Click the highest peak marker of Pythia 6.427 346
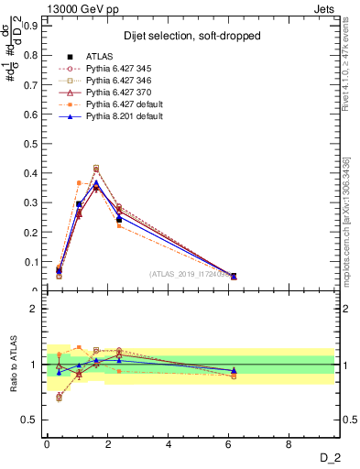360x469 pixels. pos(96,168)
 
